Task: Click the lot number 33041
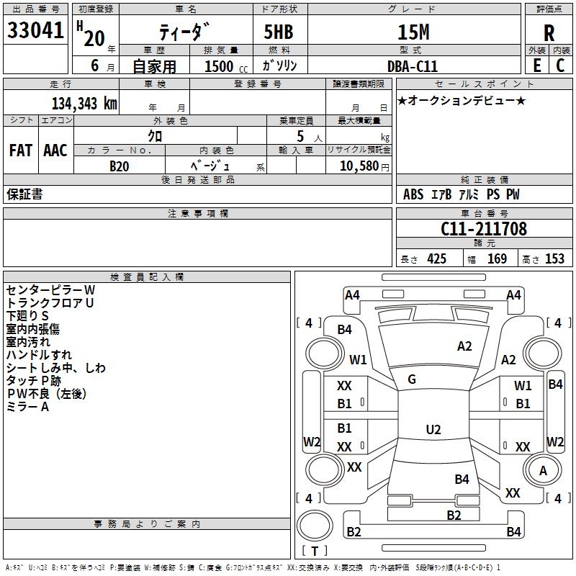(x=35, y=30)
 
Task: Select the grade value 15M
(x=413, y=32)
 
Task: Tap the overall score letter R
(x=549, y=33)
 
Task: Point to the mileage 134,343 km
(x=84, y=104)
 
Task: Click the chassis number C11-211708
(x=484, y=228)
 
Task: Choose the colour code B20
(x=120, y=166)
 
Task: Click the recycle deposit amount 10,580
(x=359, y=166)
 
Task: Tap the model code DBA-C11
(x=413, y=66)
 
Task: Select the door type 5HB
(x=279, y=32)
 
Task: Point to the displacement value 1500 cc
(x=226, y=66)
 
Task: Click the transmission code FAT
(x=21, y=150)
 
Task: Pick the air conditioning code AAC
(x=55, y=150)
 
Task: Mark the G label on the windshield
(x=412, y=379)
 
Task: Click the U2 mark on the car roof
(x=433, y=429)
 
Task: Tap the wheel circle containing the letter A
(x=543, y=470)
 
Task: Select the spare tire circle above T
(x=315, y=526)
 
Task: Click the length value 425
(x=437, y=259)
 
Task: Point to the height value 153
(x=554, y=259)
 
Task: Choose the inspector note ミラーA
(x=28, y=407)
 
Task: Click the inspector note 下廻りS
(x=27, y=316)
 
